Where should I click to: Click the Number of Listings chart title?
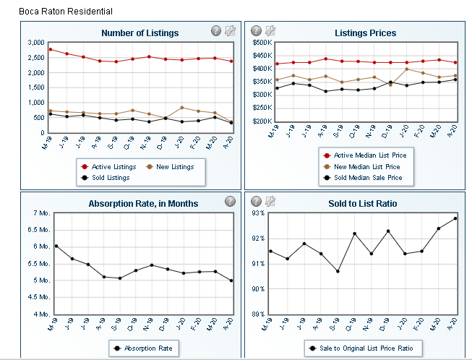[x=140, y=33]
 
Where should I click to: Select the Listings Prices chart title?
[x=365, y=33]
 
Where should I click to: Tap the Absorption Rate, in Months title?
[x=143, y=204]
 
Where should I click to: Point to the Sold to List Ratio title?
[x=362, y=204]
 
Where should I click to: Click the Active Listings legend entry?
[x=109, y=167]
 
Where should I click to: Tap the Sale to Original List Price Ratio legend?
[x=361, y=348]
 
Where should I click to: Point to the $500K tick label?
[x=262, y=43]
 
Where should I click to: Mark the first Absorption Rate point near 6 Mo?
[x=56, y=247]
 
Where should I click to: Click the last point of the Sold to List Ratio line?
[x=455, y=218]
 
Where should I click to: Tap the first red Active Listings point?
[x=50, y=49]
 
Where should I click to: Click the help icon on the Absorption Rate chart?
[x=230, y=201]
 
